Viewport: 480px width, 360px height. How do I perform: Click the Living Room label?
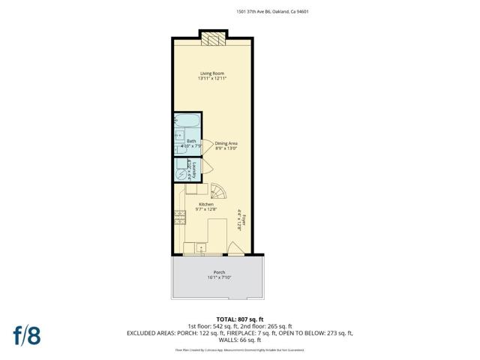coord(211,73)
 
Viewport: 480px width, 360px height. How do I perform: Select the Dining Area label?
coord(226,142)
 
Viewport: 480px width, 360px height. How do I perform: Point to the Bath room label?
coord(191,141)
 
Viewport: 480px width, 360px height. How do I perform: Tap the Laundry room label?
coord(193,169)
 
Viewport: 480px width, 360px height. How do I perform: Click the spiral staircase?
coord(217,193)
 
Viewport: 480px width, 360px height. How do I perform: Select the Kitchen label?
coord(206,205)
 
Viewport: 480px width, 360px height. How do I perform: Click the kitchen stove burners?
coord(180,218)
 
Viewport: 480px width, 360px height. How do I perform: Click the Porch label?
coord(219,272)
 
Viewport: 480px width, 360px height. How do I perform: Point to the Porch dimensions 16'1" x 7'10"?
coord(219,278)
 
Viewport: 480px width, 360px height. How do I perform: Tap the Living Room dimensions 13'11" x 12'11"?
coord(211,79)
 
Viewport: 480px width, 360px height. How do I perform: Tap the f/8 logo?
coord(25,334)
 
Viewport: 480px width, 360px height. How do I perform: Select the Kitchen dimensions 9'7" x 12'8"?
coord(205,210)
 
